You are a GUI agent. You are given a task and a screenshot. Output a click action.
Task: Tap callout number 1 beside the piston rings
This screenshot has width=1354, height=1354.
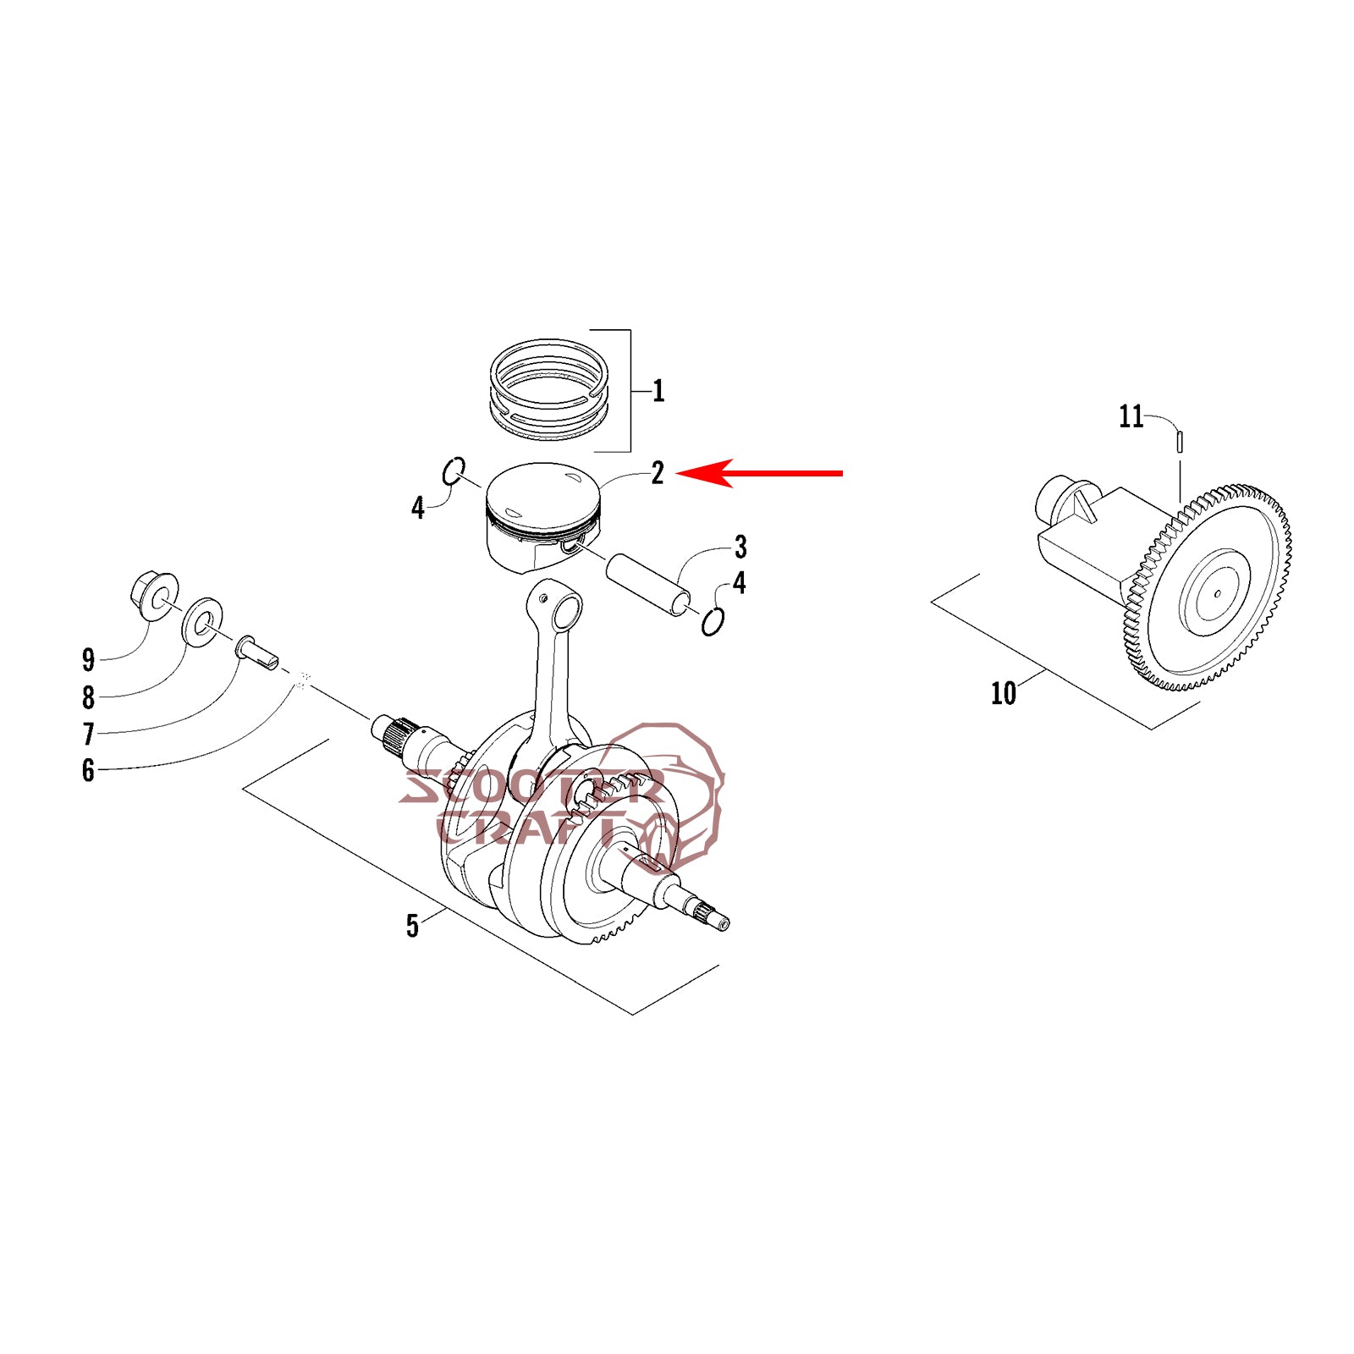point(658,391)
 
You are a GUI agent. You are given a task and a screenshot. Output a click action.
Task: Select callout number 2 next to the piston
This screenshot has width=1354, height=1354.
point(658,472)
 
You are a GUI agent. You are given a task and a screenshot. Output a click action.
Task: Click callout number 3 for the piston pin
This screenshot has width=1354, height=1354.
point(740,548)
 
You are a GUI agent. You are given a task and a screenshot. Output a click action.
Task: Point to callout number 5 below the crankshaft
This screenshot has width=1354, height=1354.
point(412,926)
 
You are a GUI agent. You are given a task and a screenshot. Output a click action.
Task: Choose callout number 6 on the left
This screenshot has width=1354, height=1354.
point(88,770)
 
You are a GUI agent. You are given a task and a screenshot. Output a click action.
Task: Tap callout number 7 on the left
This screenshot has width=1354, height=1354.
point(88,733)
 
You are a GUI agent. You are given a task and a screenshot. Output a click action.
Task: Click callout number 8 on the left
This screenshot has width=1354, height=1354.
point(88,696)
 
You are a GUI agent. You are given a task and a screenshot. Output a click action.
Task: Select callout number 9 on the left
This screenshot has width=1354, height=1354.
point(88,659)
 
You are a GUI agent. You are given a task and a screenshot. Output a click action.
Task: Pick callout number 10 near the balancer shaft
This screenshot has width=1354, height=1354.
point(1003,694)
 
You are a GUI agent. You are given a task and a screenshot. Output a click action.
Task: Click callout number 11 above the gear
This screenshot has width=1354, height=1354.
point(1131,416)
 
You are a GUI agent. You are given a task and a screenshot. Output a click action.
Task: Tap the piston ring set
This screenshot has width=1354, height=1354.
point(549,390)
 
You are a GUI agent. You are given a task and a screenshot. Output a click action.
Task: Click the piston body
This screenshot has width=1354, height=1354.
point(542,516)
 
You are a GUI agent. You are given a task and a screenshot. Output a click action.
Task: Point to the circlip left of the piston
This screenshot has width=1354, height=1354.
point(454,471)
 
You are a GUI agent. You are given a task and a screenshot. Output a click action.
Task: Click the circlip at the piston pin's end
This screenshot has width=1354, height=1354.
point(713,622)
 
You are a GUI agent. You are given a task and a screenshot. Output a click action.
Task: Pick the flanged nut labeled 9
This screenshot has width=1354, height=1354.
point(155,594)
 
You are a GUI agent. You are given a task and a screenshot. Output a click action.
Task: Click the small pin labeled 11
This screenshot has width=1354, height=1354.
point(1180,442)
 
